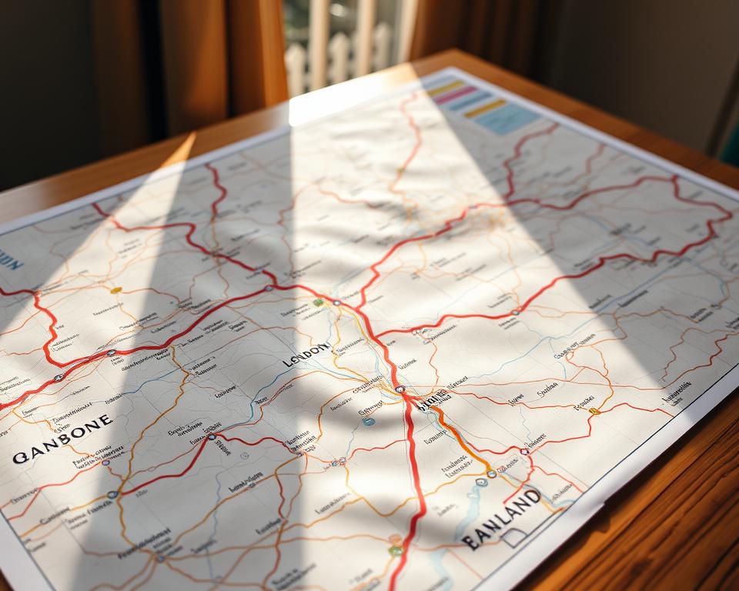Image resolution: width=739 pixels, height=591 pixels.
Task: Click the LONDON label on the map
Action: tap(307, 356)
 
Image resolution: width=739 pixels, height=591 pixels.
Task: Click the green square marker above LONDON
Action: tap(318, 302)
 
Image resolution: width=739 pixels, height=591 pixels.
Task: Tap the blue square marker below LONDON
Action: tap(369, 421)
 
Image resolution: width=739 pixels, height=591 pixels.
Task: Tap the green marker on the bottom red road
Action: tap(396, 550)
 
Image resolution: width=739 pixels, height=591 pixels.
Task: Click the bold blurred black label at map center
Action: tap(432, 399)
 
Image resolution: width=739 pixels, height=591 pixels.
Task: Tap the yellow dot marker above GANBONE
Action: tap(116, 290)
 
